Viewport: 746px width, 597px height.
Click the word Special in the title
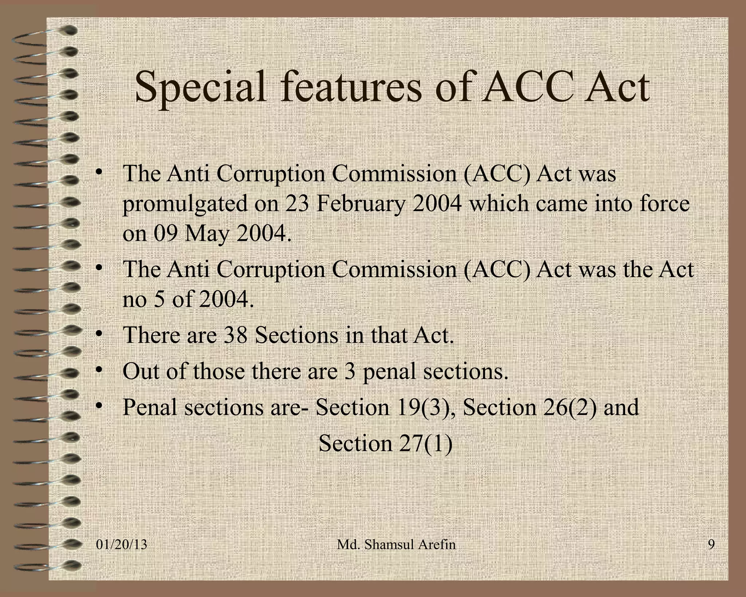point(200,87)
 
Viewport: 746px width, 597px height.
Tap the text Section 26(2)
point(530,407)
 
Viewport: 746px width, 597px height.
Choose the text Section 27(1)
point(385,443)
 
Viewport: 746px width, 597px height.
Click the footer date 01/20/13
point(122,545)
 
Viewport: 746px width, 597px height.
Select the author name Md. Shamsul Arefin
point(396,545)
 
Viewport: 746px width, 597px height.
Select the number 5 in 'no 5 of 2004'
point(159,300)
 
